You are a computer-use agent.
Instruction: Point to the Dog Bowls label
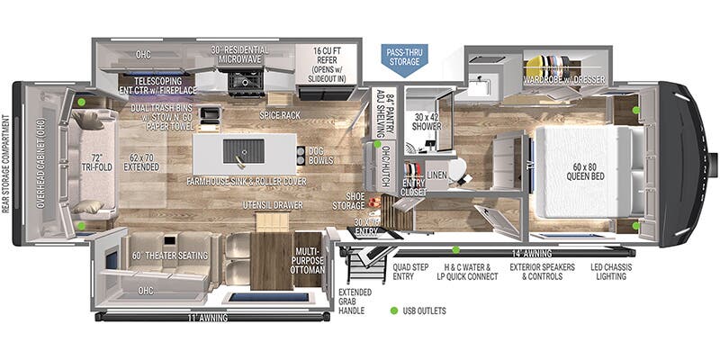coord(319,156)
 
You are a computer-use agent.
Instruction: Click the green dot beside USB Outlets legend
coord(392,311)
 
